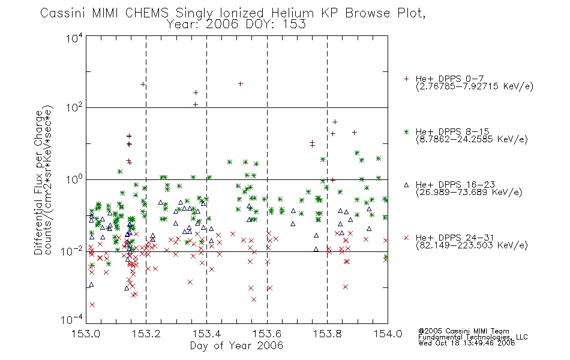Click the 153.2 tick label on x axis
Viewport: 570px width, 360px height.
click(146, 334)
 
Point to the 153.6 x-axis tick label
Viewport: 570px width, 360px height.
click(267, 334)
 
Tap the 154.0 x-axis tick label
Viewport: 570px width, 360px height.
click(388, 334)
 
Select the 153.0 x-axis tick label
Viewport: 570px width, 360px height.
click(86, 334)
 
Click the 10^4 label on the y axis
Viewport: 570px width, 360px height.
click(74, 38)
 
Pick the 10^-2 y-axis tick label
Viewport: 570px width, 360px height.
click(73, 251)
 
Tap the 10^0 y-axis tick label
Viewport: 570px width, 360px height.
click(74, 179)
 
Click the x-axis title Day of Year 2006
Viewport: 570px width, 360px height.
click(236, 346)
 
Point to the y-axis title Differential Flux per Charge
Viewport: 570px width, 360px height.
click(38, 182)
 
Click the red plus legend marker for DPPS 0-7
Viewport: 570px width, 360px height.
click(406, 79)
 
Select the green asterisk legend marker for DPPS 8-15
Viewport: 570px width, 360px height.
click(406, 131)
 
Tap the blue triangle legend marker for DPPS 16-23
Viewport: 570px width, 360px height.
click(406, 185)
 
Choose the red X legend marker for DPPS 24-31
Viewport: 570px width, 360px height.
click(406, 238)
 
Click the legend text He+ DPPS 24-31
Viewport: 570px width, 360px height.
click(455, 238)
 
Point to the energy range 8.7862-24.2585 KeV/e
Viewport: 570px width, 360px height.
click(472, 139)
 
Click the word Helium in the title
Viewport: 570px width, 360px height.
click(292, 13)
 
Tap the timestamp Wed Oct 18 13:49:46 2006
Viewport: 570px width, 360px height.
click(466, 343)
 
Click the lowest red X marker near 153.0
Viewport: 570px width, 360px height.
click(92, 304)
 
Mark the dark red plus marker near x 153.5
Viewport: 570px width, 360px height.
click(240, 84)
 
